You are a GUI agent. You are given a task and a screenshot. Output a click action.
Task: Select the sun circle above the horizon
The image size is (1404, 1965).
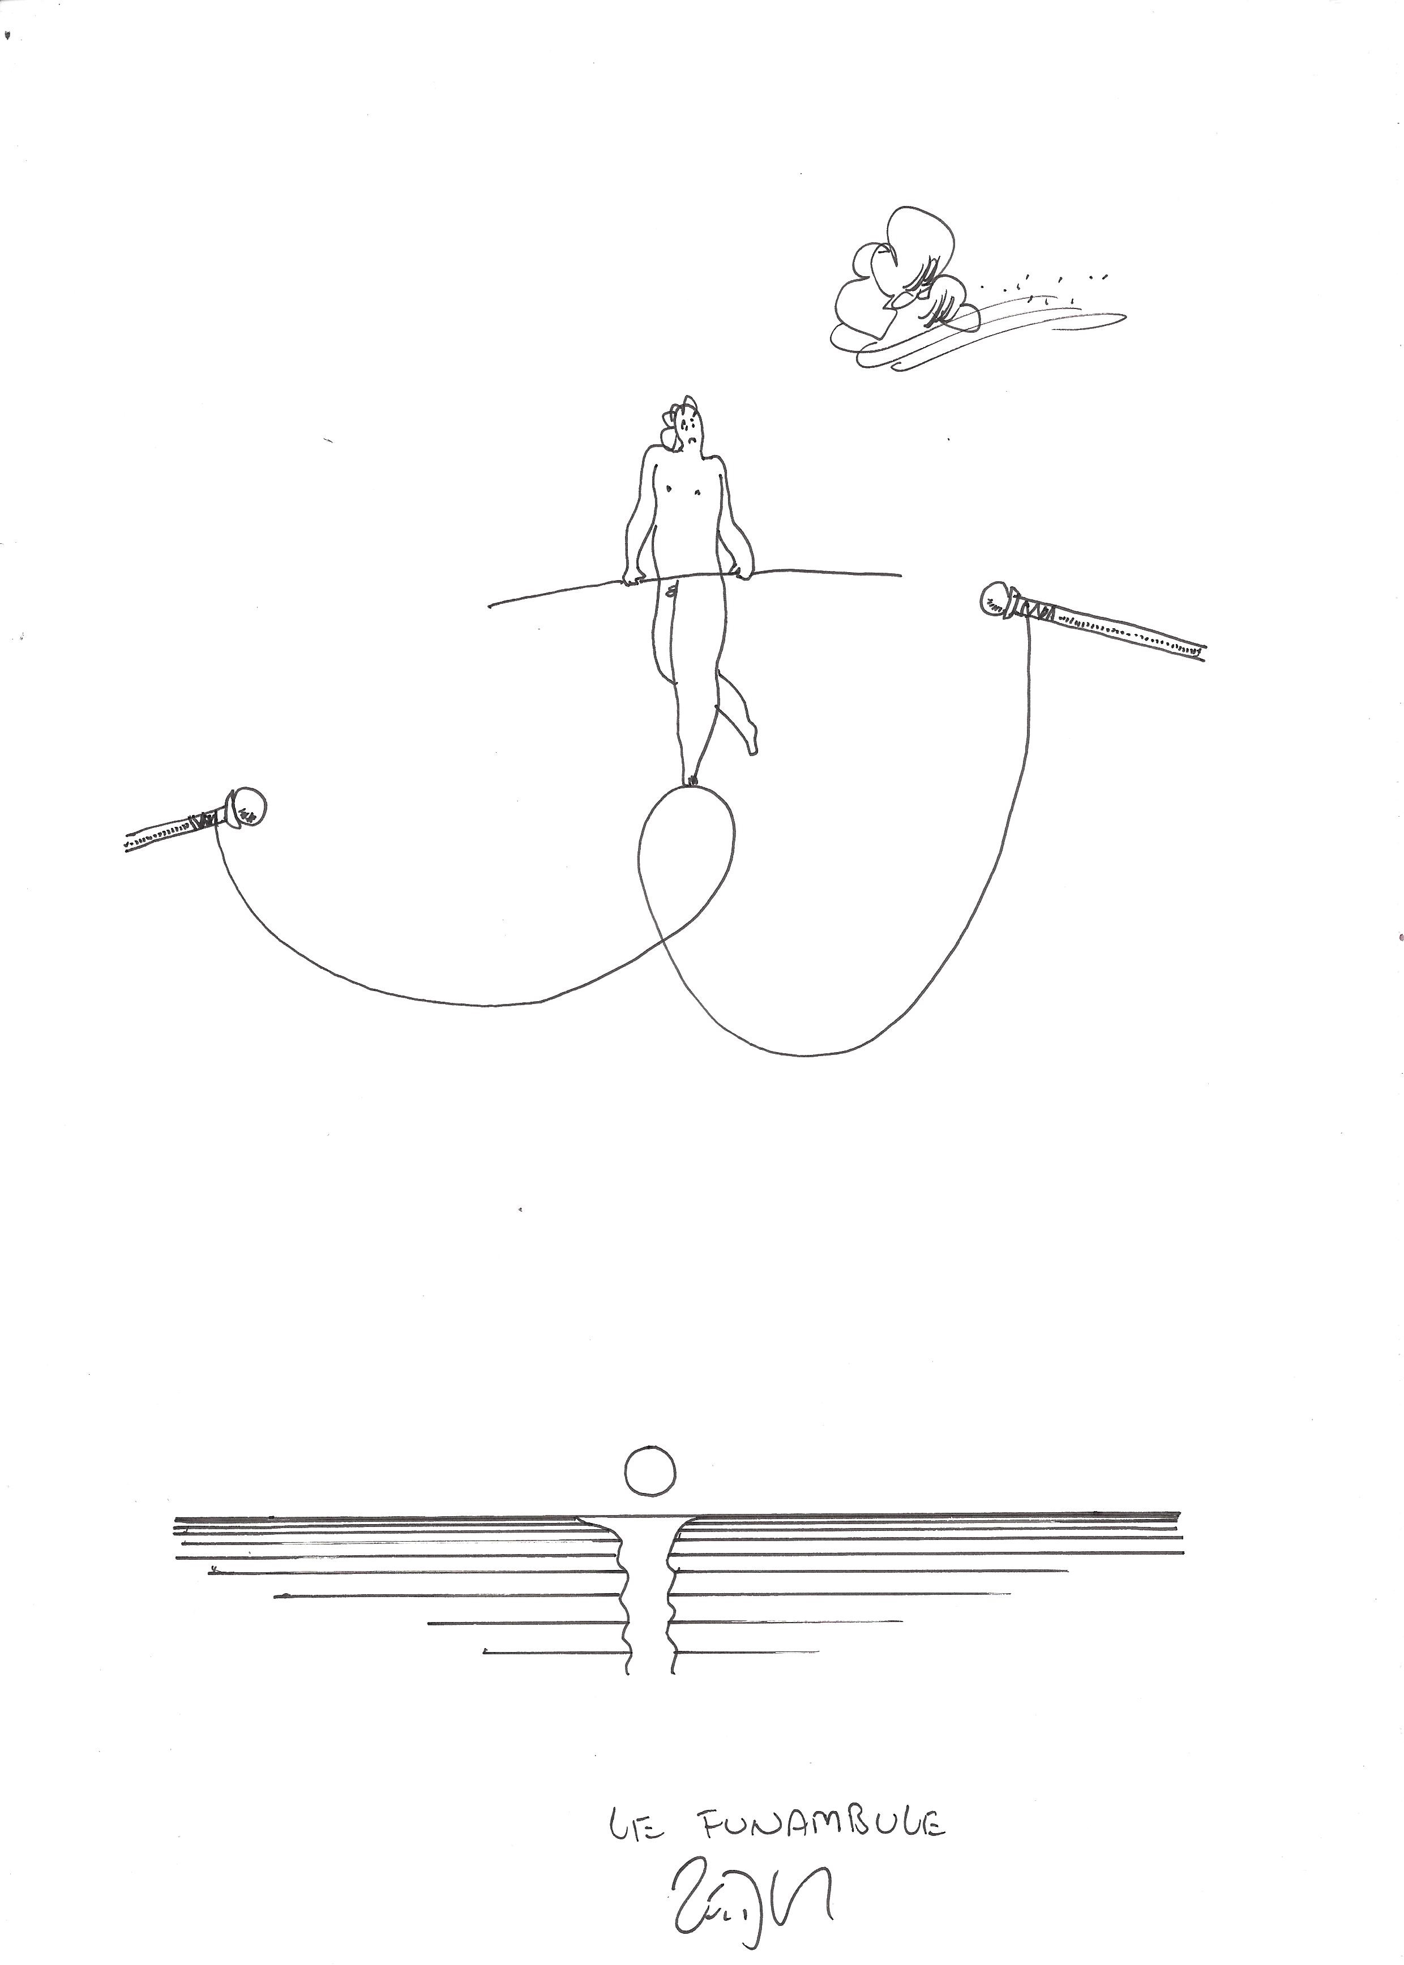[649, 1470]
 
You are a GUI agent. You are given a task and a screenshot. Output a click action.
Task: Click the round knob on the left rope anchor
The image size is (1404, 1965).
[247, 807]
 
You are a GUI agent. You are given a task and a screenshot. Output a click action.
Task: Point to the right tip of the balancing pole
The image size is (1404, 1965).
[899, 573]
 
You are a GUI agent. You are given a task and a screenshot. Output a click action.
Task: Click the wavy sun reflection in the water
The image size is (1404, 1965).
[648, 1599]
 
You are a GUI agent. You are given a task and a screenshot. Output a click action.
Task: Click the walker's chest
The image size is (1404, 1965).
[681, 494]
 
